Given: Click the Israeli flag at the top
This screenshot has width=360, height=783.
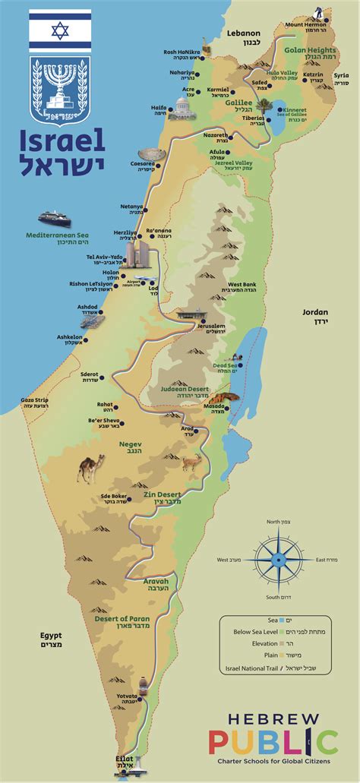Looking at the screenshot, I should pyautogui.click(x=60, y=30).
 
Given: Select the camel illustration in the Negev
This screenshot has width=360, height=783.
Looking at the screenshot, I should pyautogui.click(x=90, y=469).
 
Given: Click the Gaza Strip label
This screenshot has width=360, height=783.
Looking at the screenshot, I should pyautogui.click(x=37, y=401).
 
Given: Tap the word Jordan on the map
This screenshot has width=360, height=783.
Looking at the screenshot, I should pyautogui.click(x=314, y=311).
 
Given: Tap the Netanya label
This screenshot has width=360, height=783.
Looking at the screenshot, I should pyautogui.click(x=133, y=207).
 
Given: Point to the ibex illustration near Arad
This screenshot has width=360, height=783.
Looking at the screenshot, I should pyautogui.click(x=191, y=461).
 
